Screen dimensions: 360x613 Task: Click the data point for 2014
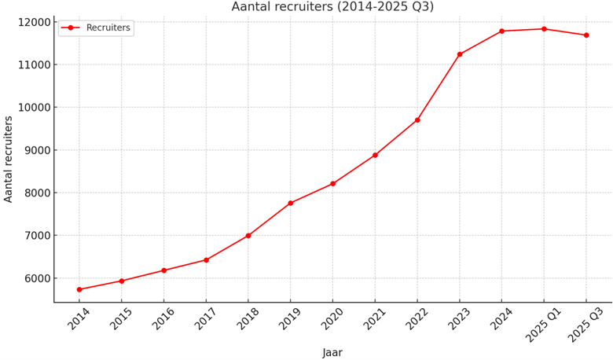coord(79,289)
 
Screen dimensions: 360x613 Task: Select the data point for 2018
coord(248,236)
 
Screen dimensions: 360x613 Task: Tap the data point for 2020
coord(332,184)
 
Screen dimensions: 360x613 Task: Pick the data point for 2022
coord(417,120)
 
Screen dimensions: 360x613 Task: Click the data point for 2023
coord(460,54)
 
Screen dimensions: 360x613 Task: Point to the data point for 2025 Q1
coord(544,29)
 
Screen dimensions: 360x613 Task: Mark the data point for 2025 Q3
coord(586,35)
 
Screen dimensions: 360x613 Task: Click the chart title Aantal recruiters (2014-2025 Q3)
coord(332,7)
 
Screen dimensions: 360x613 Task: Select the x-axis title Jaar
coord(332,352)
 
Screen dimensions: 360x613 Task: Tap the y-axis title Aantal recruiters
coord(9,159)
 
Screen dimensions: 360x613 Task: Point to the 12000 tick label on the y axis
coord(31,22)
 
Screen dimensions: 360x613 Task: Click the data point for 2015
coord(122,281)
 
